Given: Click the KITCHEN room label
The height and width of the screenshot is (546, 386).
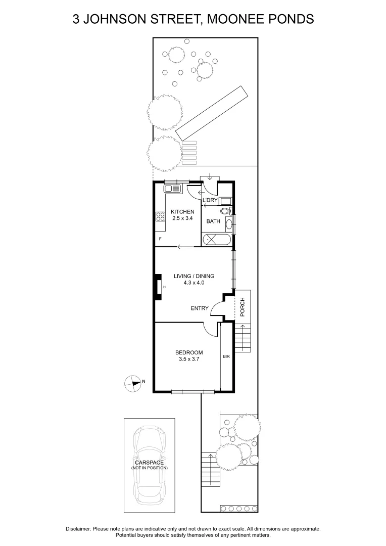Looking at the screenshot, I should [182, 211].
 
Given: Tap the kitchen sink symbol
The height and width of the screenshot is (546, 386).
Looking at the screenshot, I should [172, 189].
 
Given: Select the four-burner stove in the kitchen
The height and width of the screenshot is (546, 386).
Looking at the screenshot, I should [161, 216].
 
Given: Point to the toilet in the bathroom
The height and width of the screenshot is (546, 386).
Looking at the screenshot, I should [225, 211].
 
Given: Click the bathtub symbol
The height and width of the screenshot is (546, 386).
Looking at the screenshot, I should [217, 240].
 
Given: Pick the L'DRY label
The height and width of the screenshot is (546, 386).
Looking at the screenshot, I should [210, 201].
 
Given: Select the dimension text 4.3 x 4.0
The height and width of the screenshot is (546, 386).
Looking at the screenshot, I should [194, 283].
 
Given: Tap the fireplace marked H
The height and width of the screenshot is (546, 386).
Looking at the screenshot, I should [159, 287].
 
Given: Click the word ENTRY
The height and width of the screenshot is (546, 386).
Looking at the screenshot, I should [200, 308].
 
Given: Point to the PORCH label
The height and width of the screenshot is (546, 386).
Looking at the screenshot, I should [243, 307].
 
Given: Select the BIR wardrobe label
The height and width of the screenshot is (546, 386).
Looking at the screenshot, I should [226, 356].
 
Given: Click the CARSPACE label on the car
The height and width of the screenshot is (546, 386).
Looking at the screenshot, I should [149, 463].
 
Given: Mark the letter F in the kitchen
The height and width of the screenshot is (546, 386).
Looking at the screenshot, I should [160, 238].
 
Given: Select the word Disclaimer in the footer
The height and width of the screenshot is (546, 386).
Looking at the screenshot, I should [78, 529].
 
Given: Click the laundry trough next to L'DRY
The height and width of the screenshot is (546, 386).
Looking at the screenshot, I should [225, 201].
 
